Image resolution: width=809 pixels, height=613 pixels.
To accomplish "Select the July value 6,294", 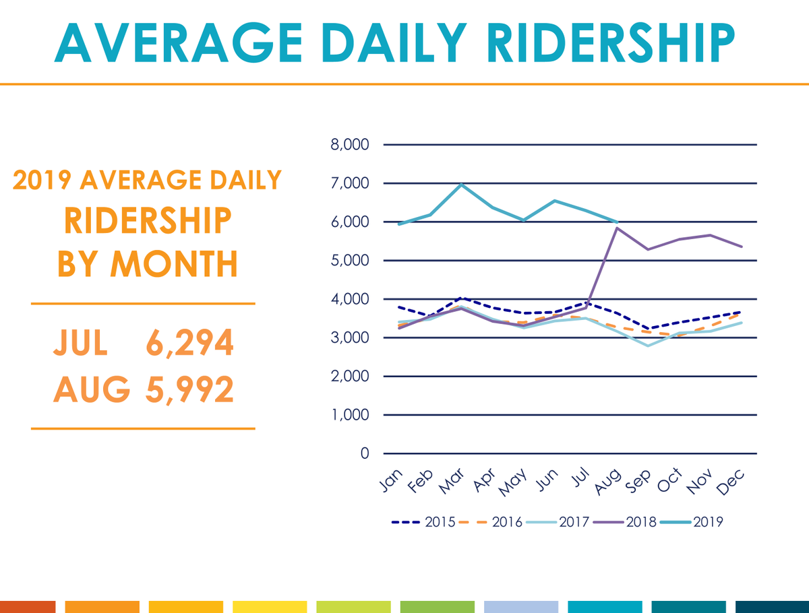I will pyautogui.click(x=189, y=344).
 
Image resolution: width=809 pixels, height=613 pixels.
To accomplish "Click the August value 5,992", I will pyautogui.click(x=189, y=389).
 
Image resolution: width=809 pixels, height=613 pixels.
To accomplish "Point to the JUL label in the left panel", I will pyautogui.click(x=80, y=344).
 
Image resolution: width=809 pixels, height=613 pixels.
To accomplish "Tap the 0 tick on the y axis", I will pyautogui.click(x=365, y=453).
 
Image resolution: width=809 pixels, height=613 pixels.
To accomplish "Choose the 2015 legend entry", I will pyautogui.click(x=423, y=521).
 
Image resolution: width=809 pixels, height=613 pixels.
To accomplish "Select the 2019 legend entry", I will pyautogui.click(x=692, y=521).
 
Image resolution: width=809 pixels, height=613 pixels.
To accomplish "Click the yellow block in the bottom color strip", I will pyautogui.click(x=270, y=606).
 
